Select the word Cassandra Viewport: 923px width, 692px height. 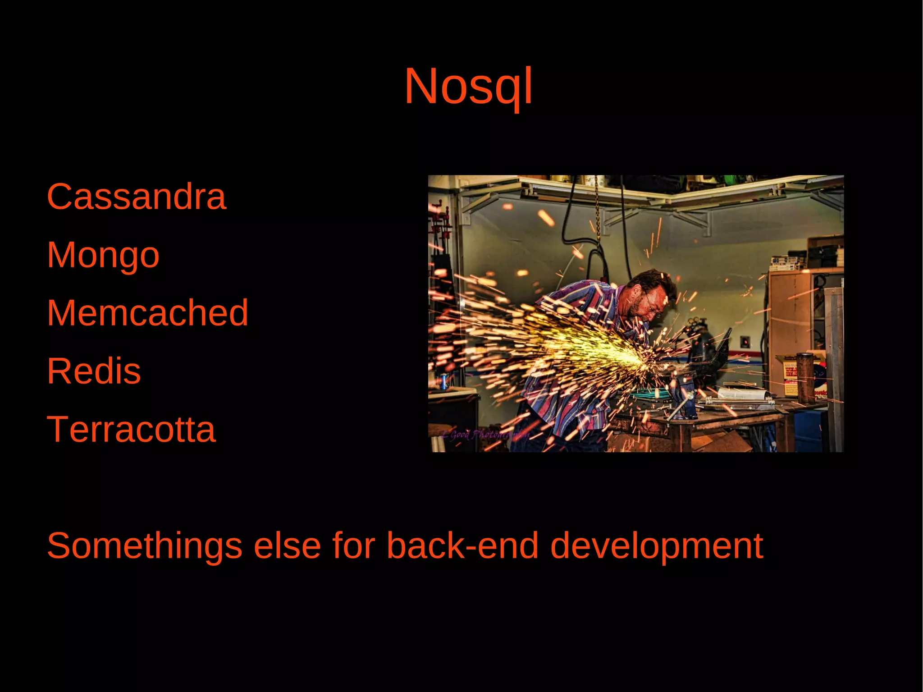coord(136,197)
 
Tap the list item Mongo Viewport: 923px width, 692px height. coord(103,255)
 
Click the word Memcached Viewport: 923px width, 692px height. coord(147,312)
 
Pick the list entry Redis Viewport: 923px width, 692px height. coord(94,371)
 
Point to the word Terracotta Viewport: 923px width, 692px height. coord(131,429)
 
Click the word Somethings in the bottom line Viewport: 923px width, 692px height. coord(145,546)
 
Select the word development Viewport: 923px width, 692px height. coord(656,546)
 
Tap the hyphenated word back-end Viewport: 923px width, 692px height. coord(462,546)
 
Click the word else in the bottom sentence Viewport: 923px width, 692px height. coord(287,546)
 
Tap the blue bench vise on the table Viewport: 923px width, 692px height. coord(684,399)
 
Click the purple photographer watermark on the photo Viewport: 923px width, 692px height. coord(484,435)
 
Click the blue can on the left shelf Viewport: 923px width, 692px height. coord(443,381)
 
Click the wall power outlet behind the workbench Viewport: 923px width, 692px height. coord(745,341)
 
